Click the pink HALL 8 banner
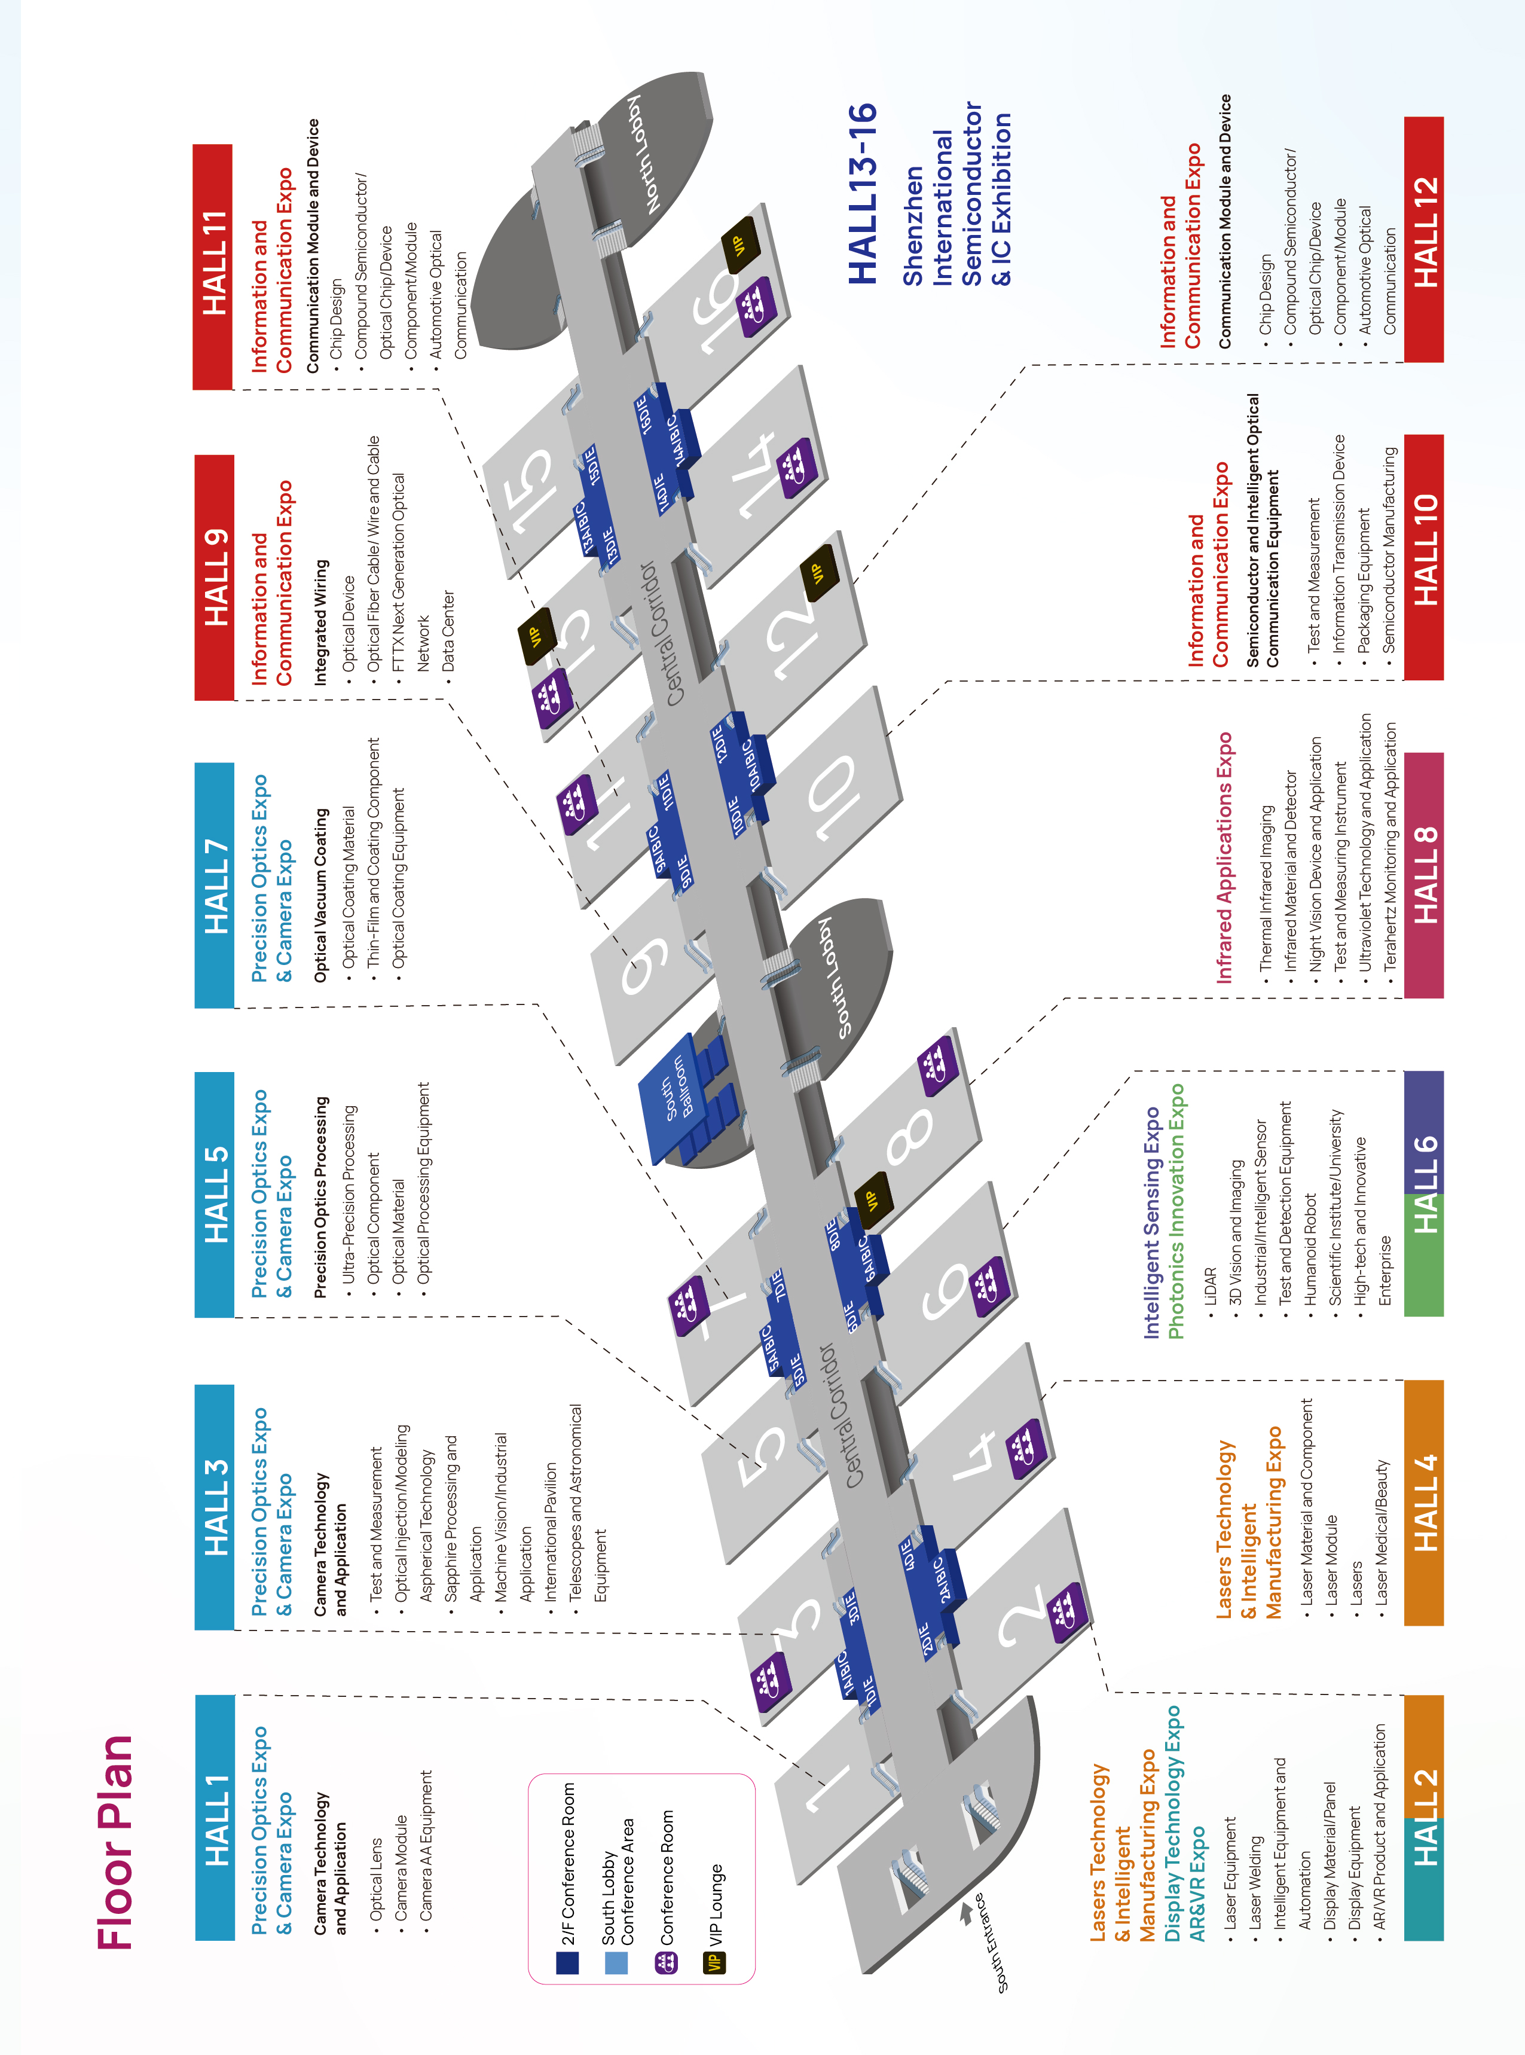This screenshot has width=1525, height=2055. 1423,875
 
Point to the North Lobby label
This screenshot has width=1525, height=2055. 645,154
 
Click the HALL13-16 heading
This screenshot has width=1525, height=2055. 861,194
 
